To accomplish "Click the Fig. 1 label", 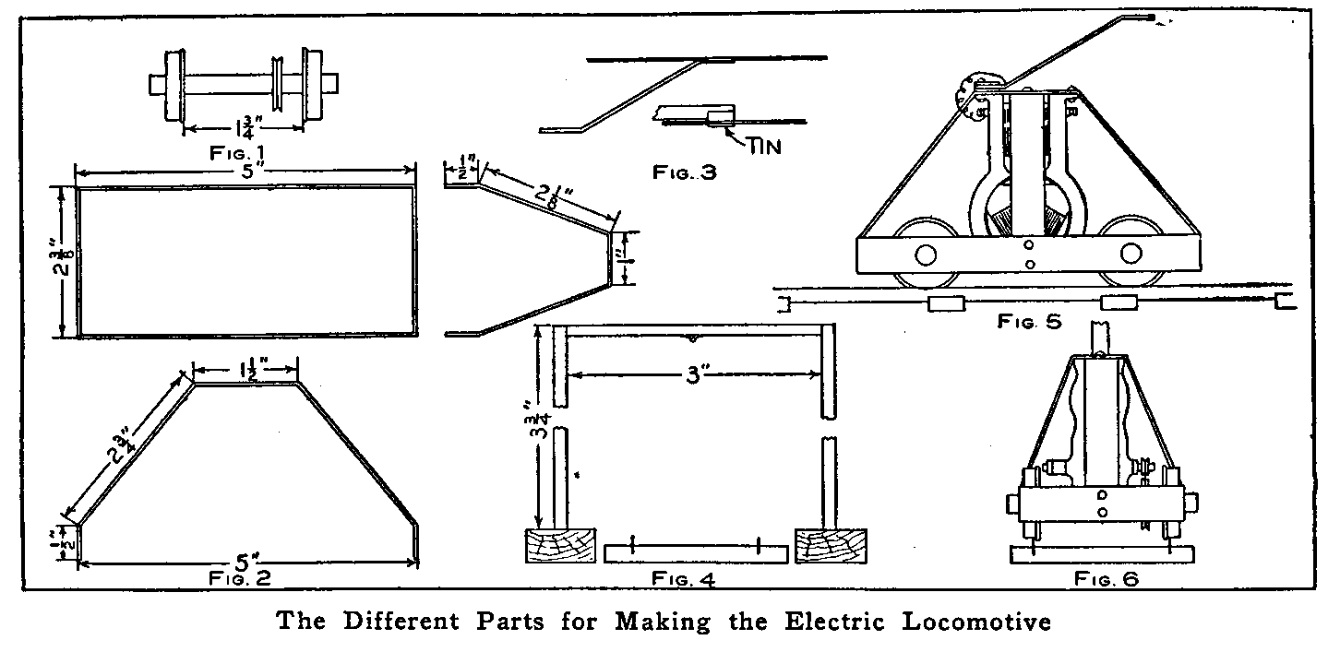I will coord(240,150).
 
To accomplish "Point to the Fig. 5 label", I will coord(1029,322).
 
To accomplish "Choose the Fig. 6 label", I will coord(1107,579).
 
